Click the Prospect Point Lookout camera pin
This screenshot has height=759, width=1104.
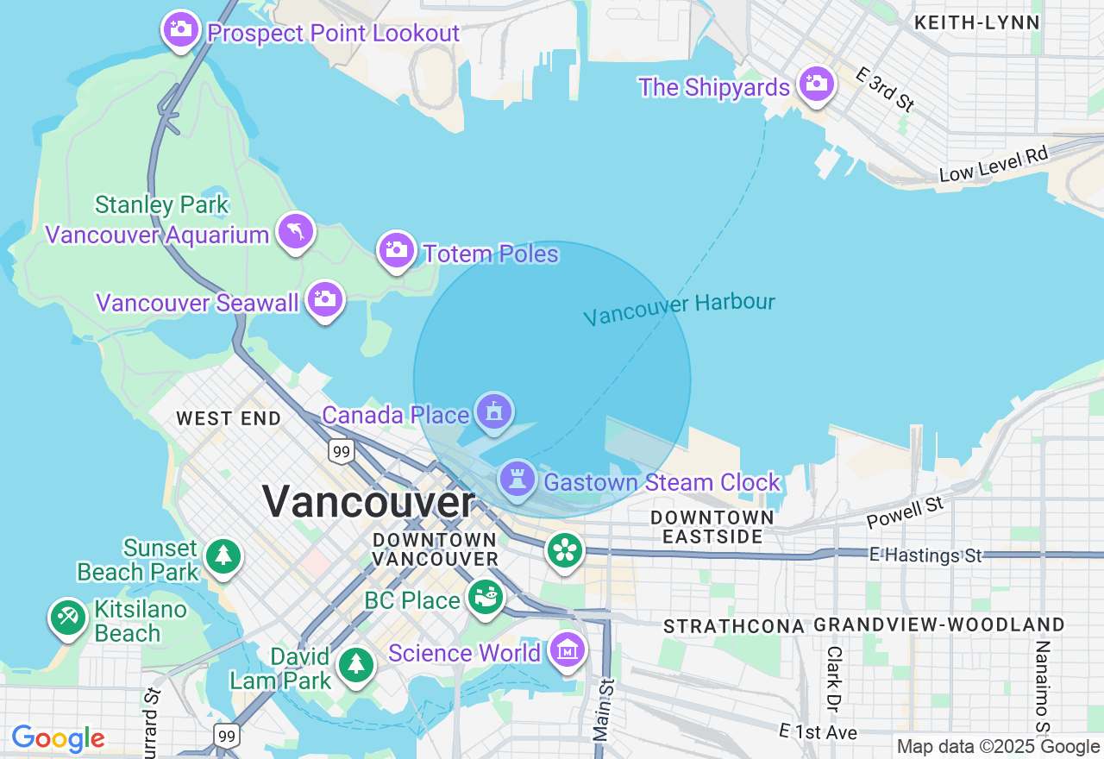click(180, 30)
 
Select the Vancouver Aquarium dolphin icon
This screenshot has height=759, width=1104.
click(296, 231)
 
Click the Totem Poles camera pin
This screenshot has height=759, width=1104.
click(396, 250)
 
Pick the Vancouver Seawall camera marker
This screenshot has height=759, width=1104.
click(325, 299)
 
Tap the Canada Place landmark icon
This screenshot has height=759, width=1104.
click(493, 411)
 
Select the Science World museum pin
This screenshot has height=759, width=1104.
click(567, 651)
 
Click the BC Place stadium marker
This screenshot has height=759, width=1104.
click(486, 597)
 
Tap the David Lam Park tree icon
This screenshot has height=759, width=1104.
click(355, 665)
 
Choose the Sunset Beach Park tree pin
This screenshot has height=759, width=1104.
click(224, 555)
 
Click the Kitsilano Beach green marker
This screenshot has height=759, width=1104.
click(67, 618)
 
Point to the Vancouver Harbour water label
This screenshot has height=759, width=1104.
click(679, 309)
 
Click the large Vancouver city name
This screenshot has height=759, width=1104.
click(368, 501)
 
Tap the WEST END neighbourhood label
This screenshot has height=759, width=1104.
click(229, 419)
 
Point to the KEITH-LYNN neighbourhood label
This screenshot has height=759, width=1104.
click(976, 23)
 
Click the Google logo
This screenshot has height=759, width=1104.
click(58, 739)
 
